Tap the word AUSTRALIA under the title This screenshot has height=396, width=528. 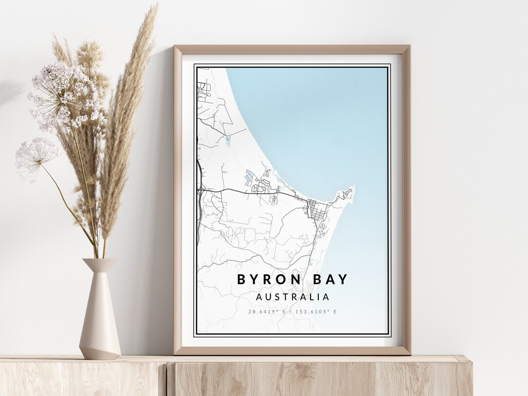[x=292, y=297]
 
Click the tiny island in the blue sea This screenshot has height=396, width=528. [x=338, y=143]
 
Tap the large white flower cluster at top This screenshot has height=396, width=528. [x=66, y=95]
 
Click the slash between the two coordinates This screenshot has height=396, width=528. [x=292, y=311]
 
